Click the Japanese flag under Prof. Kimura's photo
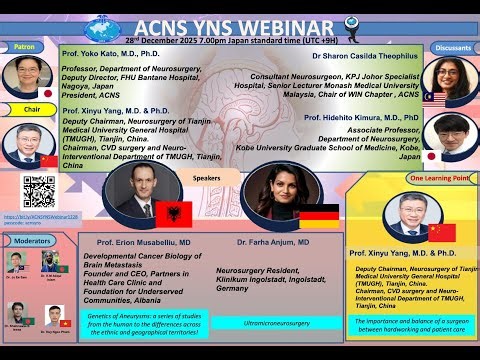431,157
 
